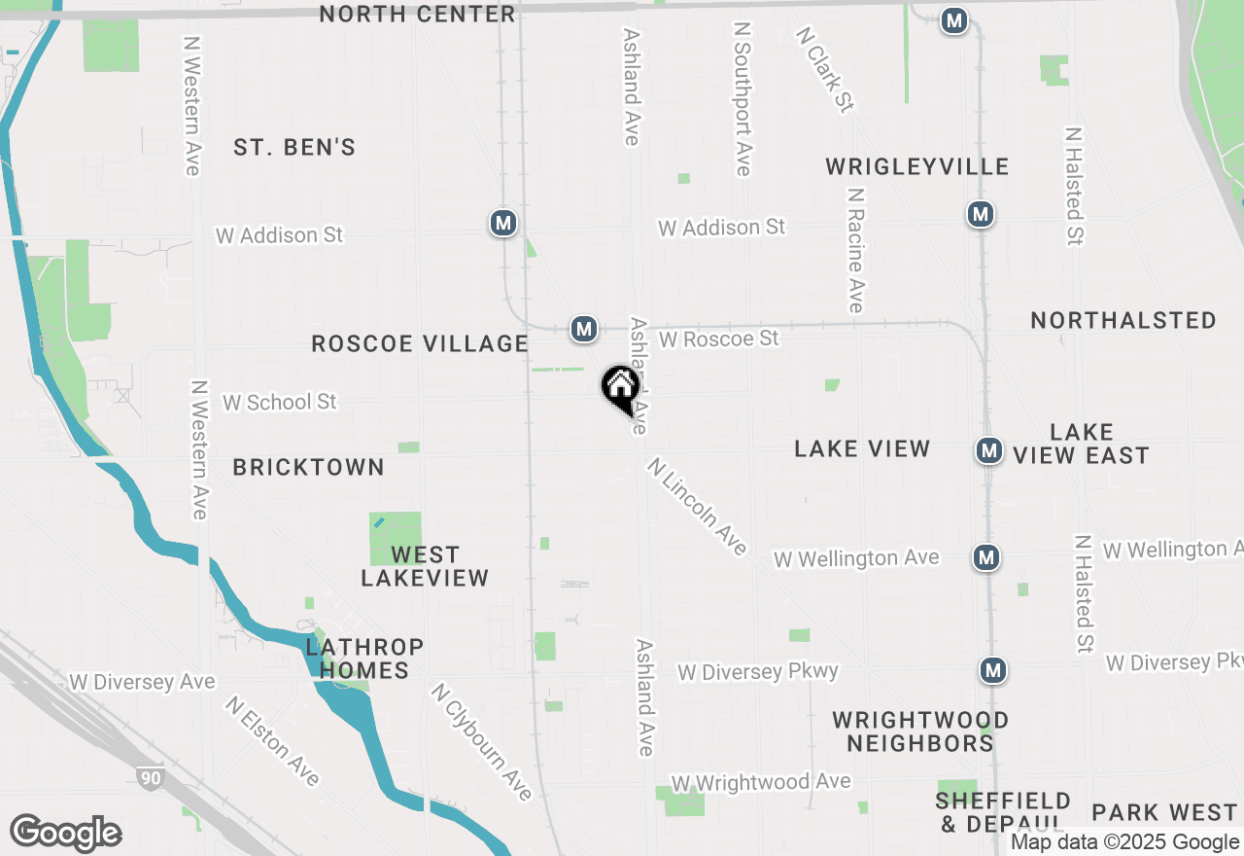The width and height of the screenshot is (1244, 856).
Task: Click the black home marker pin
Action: (620, 388)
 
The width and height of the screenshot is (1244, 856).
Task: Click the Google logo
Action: (65, 833)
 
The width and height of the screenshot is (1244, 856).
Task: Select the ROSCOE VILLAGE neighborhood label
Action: (420, 343)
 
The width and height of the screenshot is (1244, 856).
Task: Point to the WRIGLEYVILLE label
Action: (917, 166)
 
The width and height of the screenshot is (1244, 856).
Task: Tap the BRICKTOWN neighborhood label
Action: (309, 467)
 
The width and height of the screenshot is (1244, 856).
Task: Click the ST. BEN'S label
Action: (294, 148)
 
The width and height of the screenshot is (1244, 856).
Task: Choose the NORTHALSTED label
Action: (1123, 320)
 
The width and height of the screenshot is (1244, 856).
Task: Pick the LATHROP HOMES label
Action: (364, 659)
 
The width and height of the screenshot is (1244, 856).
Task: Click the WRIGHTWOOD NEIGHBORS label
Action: (920, 731)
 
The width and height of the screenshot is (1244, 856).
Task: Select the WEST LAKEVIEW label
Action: (425, 566)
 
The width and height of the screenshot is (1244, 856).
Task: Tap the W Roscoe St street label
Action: (719, 339)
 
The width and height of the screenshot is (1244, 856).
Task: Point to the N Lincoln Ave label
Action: (698, 507)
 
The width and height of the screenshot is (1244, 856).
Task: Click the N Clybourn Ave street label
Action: (483, 741)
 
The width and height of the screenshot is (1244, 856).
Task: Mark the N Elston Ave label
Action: (272, 740)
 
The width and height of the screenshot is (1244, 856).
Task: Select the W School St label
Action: (280, 402)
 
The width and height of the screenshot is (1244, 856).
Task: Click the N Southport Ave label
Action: (743, 99)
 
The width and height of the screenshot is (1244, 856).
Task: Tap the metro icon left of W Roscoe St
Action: (583, 329)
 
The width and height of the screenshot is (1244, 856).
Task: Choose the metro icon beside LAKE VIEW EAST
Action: (989, 450)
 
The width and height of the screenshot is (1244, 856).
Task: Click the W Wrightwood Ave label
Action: (761, 782)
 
